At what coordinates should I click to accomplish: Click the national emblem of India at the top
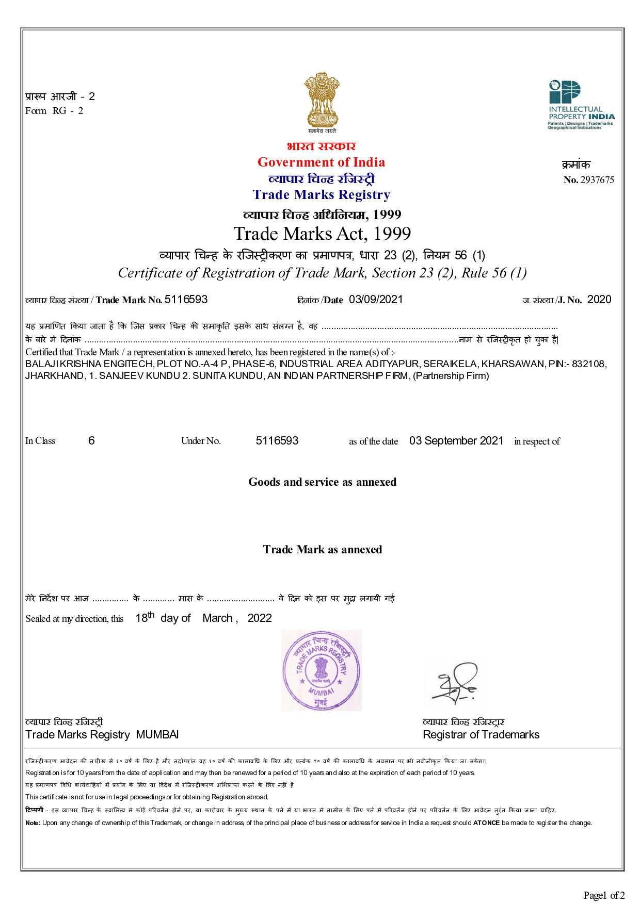[322, 101]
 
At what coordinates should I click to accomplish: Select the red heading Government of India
[321, 162]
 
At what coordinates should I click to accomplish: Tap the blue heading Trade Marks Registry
[321, 195]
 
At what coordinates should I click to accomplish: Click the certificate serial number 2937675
[597, 180]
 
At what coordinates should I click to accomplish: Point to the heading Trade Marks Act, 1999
[322, 234]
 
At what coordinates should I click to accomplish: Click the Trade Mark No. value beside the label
[186, 300]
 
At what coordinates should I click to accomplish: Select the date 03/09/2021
[376, 300]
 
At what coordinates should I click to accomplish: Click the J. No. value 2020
[599, 300]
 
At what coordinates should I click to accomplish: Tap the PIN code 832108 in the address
[588, 364]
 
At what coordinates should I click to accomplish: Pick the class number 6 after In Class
[91, 441]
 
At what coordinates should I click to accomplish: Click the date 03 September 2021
[456, 441]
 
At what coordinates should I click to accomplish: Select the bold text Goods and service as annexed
[322, 482]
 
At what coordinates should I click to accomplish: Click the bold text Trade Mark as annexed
[322, 550]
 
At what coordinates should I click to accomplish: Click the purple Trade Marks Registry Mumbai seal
[321, 670]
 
